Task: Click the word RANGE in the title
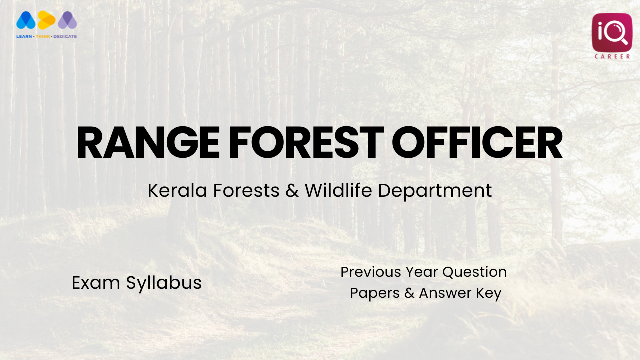(x=148, y=143)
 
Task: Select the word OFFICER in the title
(x=477, y=143)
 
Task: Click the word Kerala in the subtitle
(x=177, y=190)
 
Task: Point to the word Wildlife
(x=339, y=190)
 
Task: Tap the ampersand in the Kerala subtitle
(x=292, y=191)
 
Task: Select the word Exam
(x=96, y=283)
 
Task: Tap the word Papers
(x=375, y=294)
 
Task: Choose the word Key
(x=488, y=294)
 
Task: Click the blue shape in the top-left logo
(x=26, y=20)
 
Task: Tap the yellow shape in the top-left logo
(x=46, y=20)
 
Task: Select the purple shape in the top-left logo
(x=67, y=20)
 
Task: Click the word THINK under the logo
(x=43, y=36)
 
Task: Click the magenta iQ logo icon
(x=612, y=32)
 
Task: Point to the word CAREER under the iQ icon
(x=612, y=56)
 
